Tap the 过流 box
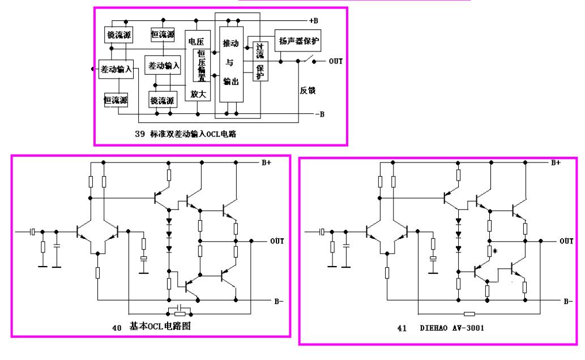[x=259, y=50]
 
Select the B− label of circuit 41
[x=568, y=301]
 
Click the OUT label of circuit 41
[x=566, y=241]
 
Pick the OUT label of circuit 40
[x=276, y=241]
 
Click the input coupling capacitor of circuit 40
[x=32, y=232]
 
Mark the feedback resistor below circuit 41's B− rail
[x=469, y=313]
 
